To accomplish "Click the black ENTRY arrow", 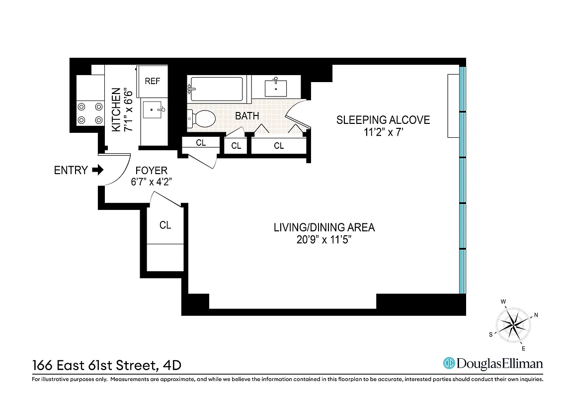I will pyautogui.click(x=98, y=170).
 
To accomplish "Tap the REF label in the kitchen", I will pyautogui.click(x=152, y=81).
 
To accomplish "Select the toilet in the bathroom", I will pyautogui.click(x=202, y=119).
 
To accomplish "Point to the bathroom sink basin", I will pyautogui.click(x=275, y=88).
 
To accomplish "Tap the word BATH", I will pyautogui.click(x=247, y=116).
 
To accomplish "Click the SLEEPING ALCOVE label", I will pyautogui.click(x=383, y=120).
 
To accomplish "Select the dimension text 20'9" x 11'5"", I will pyautogui.click(x=324, y=239).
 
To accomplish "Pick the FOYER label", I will pyautogui.click(x=151, y=171).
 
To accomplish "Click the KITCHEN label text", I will pyautogui.click(x=116, y=109).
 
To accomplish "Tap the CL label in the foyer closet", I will pyautogui.click(x=165, y=225).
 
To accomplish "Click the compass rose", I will pyautogui.click(x=514, y=325).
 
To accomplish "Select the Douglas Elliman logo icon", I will pyautogui.click(x=450, y=364).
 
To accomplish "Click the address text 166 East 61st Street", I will pyautogui.click(x=94, y=366).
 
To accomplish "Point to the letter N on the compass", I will pyautogui.click(x=536, y=314).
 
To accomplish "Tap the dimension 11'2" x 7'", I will pyautogui.click(x=383, y=132).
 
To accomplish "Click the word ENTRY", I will pyautogui.click(x=71, y=170).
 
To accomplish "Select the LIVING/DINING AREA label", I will pyautogui.click(x=324, y=227).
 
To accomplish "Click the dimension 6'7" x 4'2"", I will pyautogui.click(x=151, y=182).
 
